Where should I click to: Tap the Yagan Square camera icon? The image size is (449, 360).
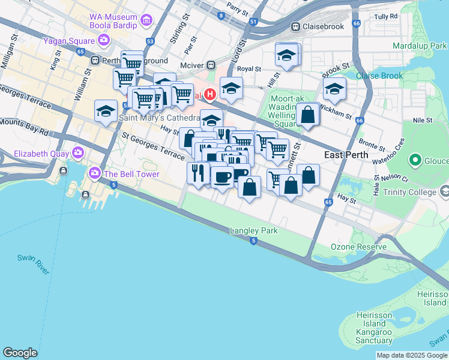pyautogui.click(x=104, y=41)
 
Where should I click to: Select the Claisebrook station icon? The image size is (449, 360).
pyautogui.click(x=295, y=27)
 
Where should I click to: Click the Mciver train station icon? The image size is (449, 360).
pyautogui.click(x=211, y=65)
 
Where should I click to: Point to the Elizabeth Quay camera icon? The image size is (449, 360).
pyautogui.click(x=77, y=152)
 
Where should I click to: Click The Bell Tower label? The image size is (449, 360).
pyautogui.click(x=131, y=175)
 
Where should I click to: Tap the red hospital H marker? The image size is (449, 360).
pyautogui.click(x=210, y=94)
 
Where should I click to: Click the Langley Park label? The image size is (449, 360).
pyautogui.click(x=253, y=230)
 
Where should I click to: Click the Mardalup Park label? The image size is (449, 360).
pyautogui.click(x=420, y=46)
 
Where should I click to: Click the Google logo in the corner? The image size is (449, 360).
pyautogui.click(x=20, y=352)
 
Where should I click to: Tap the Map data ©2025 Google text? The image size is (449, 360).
pyautogui.click(x=412, y=355)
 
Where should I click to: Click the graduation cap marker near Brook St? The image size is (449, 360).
pyautogui.click(x=334, y=89)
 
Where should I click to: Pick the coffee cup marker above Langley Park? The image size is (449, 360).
pyautogui.click(x=222, y=177)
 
